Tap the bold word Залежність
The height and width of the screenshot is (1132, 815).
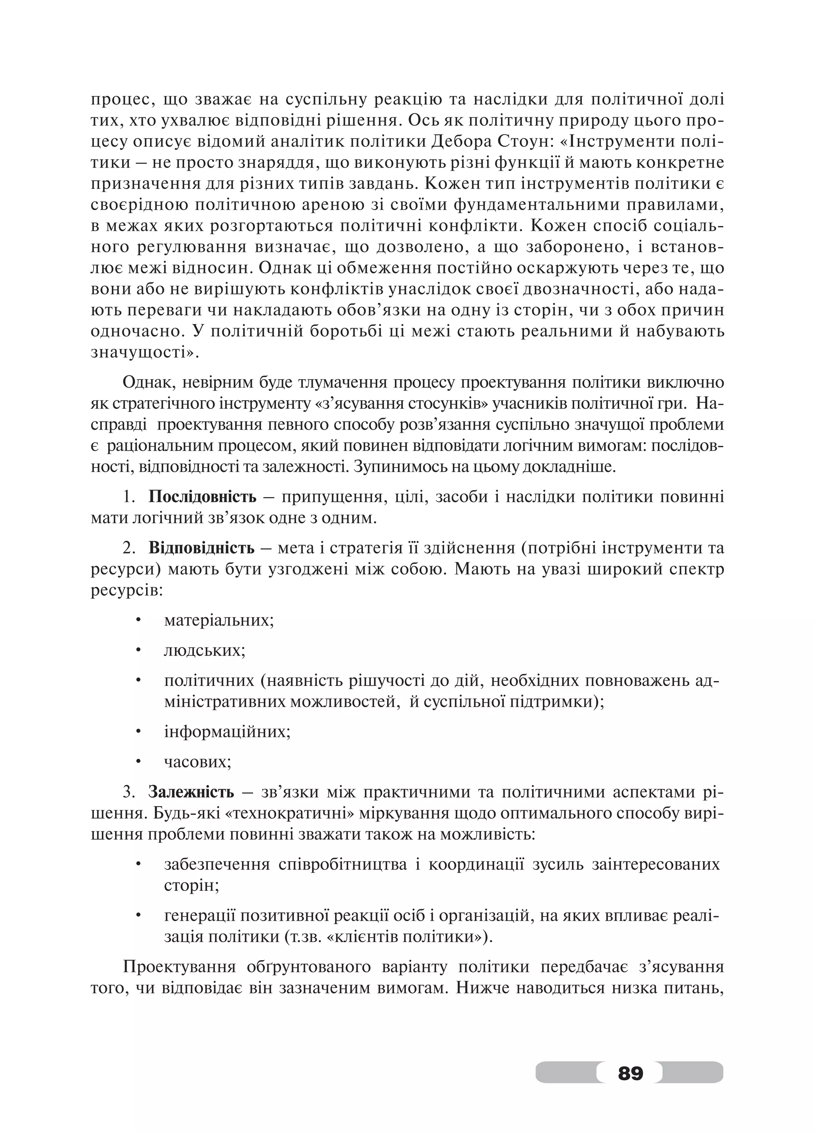click(191, 792)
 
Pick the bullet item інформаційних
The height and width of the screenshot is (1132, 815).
click(227, 732)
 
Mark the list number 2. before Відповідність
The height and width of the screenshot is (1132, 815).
click(129, 548)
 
